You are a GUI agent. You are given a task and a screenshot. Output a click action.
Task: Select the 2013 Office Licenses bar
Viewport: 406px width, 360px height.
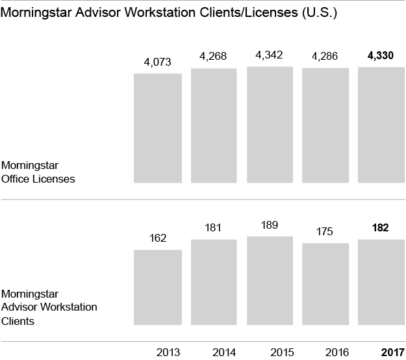point(157,127)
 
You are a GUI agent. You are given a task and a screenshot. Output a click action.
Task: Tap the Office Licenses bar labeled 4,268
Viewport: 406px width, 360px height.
point(214,125)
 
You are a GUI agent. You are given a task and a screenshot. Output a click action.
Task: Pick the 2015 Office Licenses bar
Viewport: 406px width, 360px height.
point(270,124)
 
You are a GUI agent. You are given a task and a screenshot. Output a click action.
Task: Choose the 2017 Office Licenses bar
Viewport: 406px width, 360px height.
point(382,124)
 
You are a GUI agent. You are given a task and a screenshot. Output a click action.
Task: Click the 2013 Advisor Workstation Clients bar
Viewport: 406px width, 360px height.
point(157,287)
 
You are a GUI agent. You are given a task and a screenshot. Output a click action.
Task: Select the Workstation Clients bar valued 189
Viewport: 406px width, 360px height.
point(270,280)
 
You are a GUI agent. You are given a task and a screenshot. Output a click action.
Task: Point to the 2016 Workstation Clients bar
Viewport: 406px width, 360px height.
point(325,283)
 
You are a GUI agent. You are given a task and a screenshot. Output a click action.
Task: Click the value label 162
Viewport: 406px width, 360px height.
point(157,238)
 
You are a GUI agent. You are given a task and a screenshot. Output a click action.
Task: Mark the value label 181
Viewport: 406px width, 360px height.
point(214,228)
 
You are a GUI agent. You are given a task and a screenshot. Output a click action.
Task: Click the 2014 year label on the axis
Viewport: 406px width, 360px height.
point(224,353)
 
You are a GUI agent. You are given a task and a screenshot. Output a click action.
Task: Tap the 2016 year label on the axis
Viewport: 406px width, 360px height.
point(336,353)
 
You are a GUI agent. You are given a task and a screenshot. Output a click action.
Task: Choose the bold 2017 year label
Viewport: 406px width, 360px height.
point(392,353)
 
